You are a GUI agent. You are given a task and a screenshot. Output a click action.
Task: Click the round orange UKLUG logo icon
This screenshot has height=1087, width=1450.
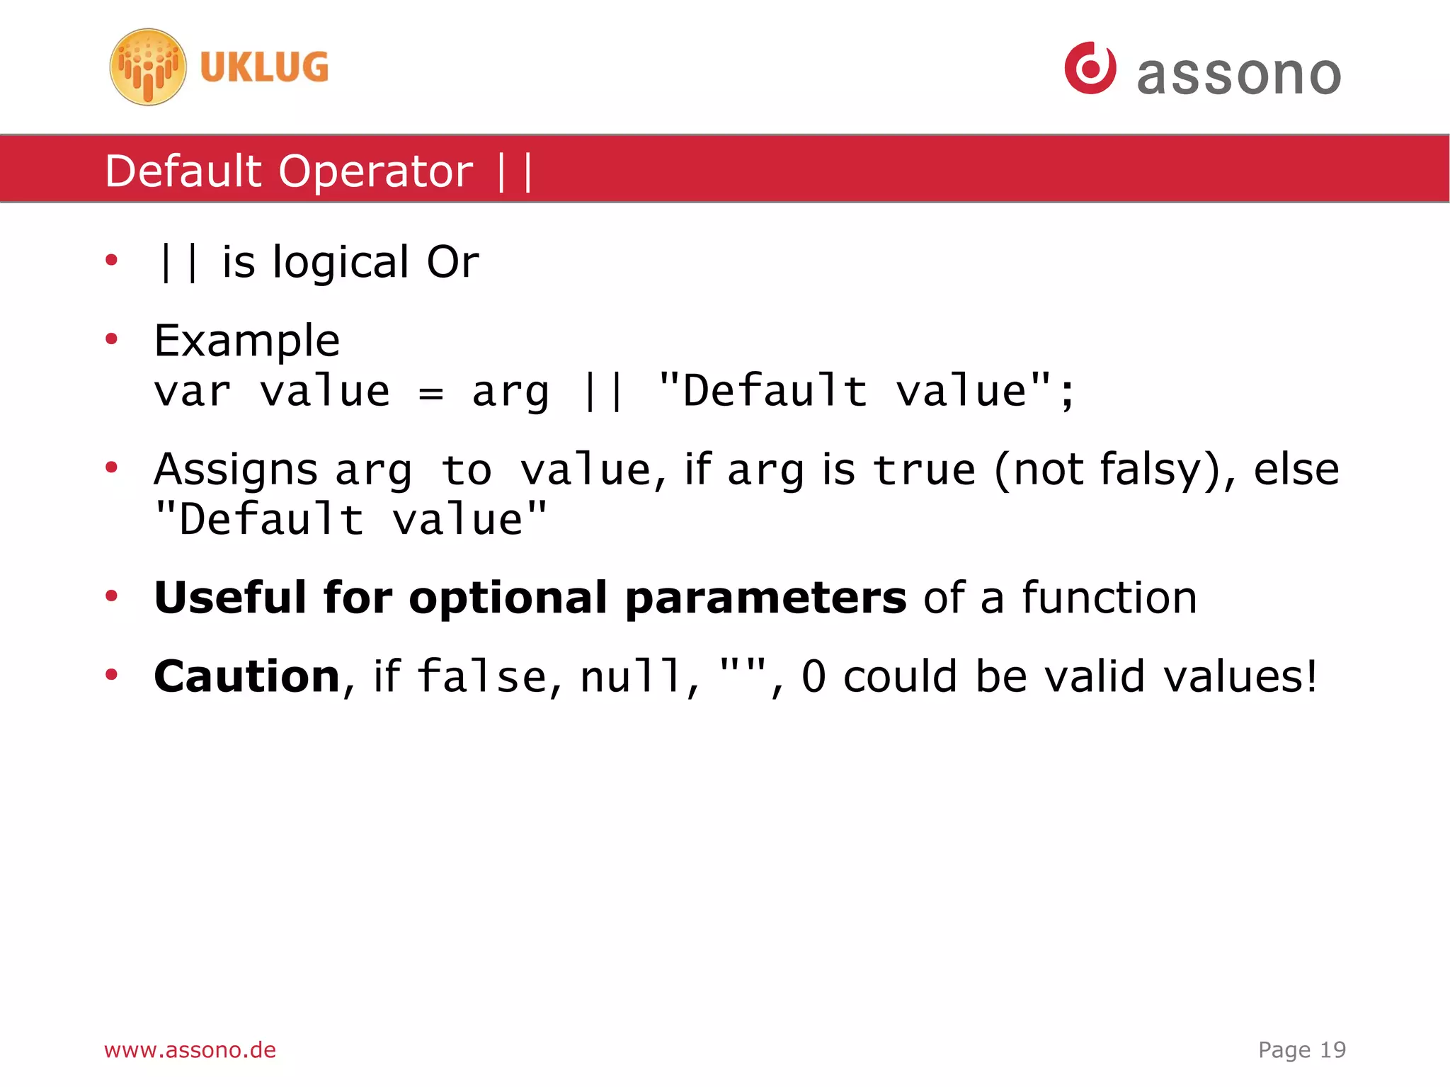(x=148, y=67)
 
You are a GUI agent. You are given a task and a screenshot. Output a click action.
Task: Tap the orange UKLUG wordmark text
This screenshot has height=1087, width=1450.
(x=264, y=68)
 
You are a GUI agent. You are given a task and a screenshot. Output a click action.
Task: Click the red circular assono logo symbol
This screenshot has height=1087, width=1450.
(x=1090, y=68)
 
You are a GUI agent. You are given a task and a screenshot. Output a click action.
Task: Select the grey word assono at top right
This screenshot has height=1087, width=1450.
(x=1238, y=74)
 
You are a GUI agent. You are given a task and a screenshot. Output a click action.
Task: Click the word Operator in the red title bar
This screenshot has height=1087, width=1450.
(x=376, y=171)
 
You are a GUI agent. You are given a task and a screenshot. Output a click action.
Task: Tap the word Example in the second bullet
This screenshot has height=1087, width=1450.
(x=246, y=341)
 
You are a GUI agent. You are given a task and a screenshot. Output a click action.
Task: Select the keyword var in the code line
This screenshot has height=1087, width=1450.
(x=193, y=392)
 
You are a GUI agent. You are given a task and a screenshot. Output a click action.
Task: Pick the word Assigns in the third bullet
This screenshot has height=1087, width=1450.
(x=236, y=470)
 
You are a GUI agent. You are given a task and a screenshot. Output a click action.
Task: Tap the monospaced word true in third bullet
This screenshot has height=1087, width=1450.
(x=924, y=470)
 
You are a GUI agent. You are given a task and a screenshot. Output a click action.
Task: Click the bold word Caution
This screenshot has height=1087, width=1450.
(x=247, y=676)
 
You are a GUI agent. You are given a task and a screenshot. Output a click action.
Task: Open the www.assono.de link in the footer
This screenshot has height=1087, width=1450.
(x=190, y=1049)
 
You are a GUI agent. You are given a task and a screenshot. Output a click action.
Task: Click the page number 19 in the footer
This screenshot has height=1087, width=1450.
(x=1332, y=1049)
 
